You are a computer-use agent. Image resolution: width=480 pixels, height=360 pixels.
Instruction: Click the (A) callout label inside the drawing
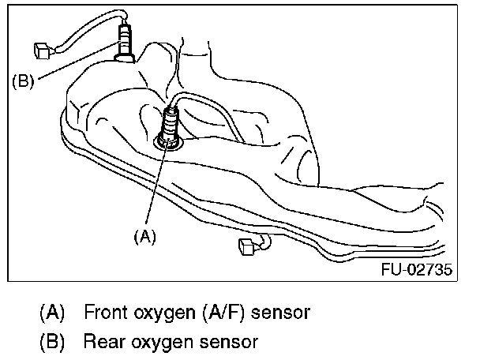(x=144, y=234)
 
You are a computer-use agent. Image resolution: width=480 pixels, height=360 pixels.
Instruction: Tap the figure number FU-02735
(x=418, y=270)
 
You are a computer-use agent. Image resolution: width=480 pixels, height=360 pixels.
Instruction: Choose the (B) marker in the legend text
(x=53, y=341)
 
